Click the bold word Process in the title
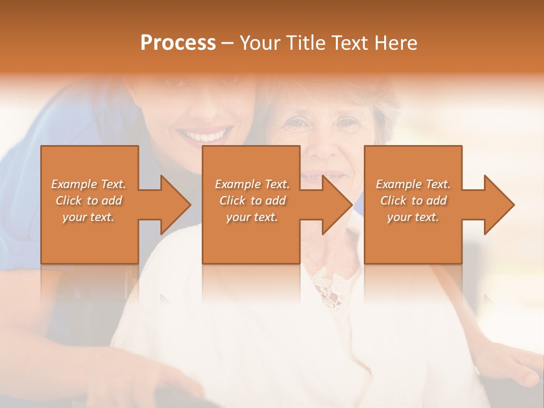[178, 43]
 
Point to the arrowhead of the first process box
[175, 205]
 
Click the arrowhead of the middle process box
[337, 205]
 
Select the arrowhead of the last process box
[499, 205]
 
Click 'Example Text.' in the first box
[88, 184]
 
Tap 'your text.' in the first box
[88, 217]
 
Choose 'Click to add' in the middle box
[252, 201]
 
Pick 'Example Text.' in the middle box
[252, 184]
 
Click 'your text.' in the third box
[413, 217]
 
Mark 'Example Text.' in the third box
[413, 184]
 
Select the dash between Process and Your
[228, 43]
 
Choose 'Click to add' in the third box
[413, 201]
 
